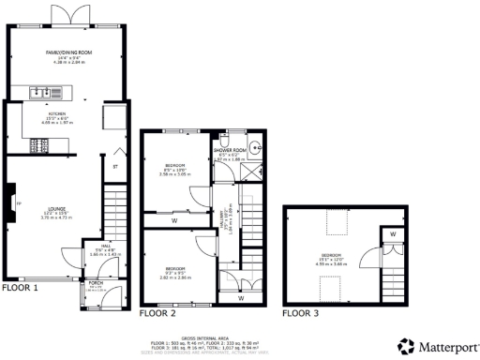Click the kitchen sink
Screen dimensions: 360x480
click(41, 92)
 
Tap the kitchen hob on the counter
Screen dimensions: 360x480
click(39, 144)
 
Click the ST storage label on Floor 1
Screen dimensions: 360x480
click(114, 169)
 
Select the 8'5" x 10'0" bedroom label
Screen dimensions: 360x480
click(175, 166)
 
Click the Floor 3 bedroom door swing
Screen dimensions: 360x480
click(373, 254)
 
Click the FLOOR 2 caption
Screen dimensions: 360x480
click(157, 313)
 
